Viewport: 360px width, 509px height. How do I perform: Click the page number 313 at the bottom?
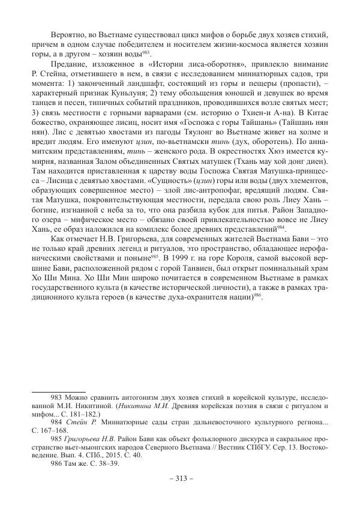point(179,478)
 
